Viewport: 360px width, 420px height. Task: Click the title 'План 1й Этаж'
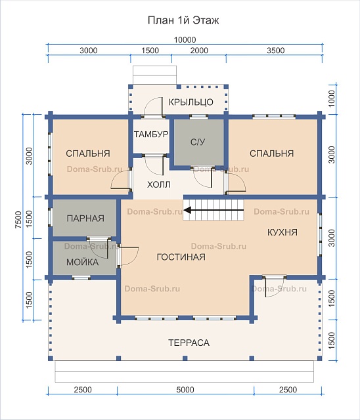pyautogui.click(x=183, y=20)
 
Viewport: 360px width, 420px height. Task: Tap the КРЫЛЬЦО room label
pyautogui.click(x=191, y=102)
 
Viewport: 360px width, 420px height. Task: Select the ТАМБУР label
pyautogui.click(x=151, y=134)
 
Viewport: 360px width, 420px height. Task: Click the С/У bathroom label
pyautogui.click(x=198, y=142)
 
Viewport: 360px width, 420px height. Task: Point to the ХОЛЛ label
pyautogui.click(x=159, y=184)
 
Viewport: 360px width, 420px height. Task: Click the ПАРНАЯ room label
pyautogui.click(x=85, y=219)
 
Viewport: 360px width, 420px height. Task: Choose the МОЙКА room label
pyautogui.click(x=83, y=262)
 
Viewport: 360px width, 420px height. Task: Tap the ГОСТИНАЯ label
pyautogui.click(x=181, y=257)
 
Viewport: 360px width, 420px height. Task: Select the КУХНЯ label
pyautogui.click(x=282, y=232)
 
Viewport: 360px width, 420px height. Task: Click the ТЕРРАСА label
pyautogui.click(x=189, y=343)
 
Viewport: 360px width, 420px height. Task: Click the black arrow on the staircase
pyautogui.click(x=214, y=210)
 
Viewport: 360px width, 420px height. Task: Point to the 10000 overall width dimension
pyautogui.click(x=185, y=39)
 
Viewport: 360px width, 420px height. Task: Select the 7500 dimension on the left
pyautogui.click(x=18, y=220)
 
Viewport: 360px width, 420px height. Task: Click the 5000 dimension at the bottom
pyautogui.click(x=185, y=389)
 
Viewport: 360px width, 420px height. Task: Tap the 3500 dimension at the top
pyautogui.click(x=275, y=51)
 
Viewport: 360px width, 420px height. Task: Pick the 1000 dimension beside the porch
pyautogui.click(x=332, y=98)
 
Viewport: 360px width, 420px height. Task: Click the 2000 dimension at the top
pyautogui.click(x=199, y=51)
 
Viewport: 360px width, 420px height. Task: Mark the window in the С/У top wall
pyautogui.click(x=198, y=117)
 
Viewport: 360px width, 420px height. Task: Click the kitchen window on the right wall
pyautogui.click(x=319, y=235)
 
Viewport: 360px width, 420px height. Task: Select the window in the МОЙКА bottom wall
pyautogui.click(x=81, y=278)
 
